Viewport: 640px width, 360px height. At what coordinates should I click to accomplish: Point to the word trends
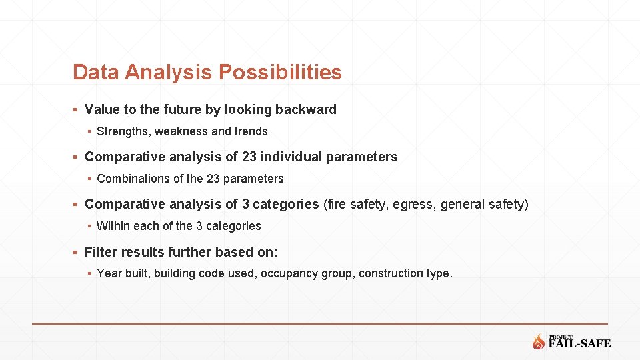[x=251, y=131]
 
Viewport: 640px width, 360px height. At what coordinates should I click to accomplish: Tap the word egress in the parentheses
[x=412, y=204]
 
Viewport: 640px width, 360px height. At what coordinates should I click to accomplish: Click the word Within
[x=113, y=226]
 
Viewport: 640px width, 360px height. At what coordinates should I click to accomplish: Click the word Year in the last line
[x=109, y=273]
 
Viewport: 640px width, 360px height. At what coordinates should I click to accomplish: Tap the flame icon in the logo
[x=539, y=342]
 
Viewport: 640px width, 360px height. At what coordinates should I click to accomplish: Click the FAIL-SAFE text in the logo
[x=579, y=344]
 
